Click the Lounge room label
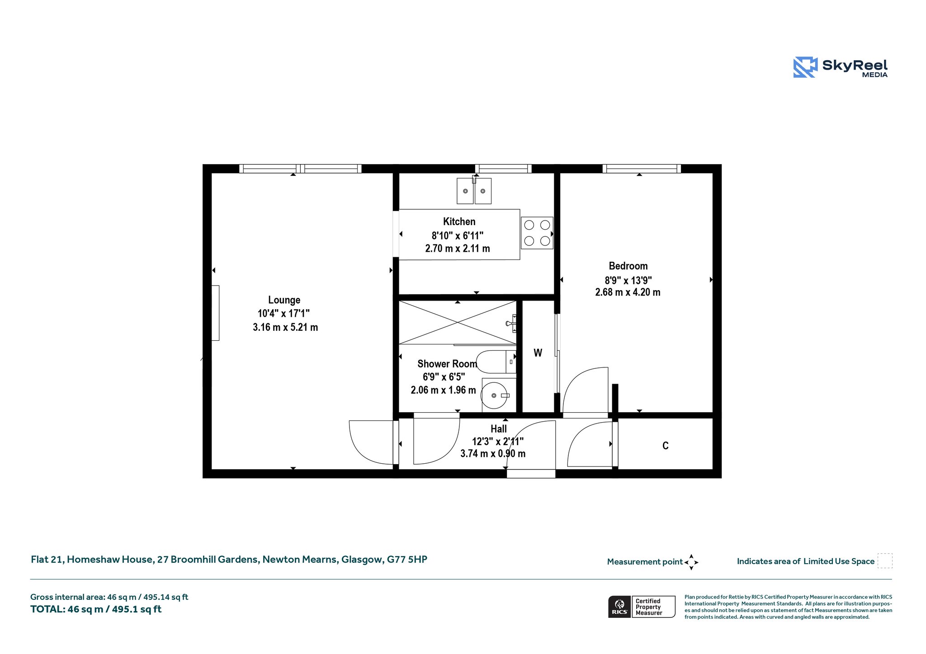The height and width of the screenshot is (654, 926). point(284,300)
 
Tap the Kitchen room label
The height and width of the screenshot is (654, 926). point(459,221)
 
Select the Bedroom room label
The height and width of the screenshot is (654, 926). point(628,266)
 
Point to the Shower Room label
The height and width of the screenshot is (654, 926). point(447,364)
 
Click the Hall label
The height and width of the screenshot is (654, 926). point(499,428)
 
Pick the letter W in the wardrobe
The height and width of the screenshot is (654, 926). point(538,353)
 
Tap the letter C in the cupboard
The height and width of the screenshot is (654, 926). point(666,446)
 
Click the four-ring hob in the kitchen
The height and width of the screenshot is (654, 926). point(537,233)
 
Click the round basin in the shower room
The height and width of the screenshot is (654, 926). point(495,395)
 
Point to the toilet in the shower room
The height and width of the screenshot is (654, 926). point(496,362)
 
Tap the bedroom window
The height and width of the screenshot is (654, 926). point(642,169)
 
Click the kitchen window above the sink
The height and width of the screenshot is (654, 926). point(503,169)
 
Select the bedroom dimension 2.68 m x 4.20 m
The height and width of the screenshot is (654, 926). point(628,292)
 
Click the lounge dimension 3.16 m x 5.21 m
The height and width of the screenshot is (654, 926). point(285,327)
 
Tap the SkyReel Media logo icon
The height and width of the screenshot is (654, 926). point(805,67)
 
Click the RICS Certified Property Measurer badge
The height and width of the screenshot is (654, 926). point(642,607)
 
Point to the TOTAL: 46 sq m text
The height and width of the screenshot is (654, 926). point(96,609)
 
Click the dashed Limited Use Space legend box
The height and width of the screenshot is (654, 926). point(885,561)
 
